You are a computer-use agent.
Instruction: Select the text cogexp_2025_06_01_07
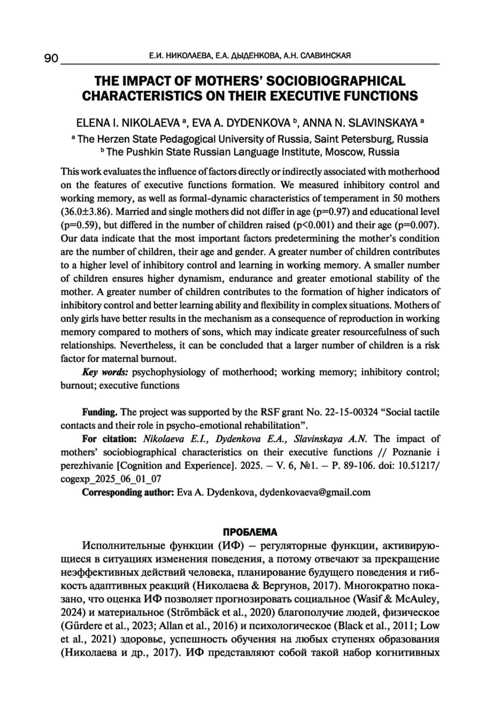[x=111, y=479]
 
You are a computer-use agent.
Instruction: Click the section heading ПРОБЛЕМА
[x=250, y=532]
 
